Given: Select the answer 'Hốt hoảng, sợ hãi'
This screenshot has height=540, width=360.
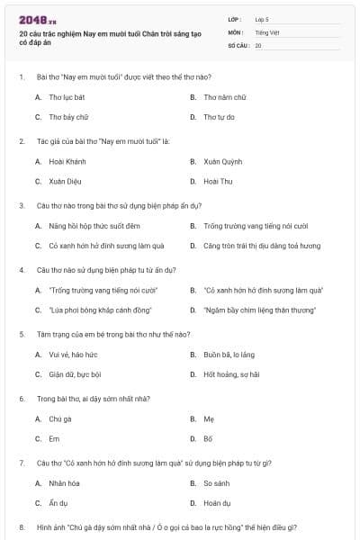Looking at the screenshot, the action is tap(231, 374).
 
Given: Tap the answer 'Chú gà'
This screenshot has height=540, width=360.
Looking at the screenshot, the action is tap(59, 418).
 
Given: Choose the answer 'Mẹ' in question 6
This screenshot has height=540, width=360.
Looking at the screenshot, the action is tap(208, 418).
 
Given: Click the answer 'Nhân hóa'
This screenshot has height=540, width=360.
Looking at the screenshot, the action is tap(65, 483).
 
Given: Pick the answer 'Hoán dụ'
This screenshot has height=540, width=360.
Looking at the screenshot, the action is tap(217, 503).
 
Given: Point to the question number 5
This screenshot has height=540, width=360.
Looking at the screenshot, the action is tap(22, 333).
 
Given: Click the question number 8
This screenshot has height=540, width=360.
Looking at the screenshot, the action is tap(22, 526).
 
